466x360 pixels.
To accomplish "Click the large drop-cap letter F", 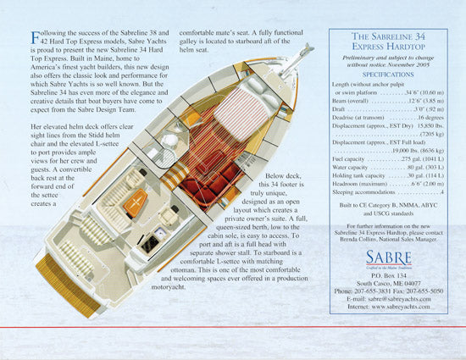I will [36, 36].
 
